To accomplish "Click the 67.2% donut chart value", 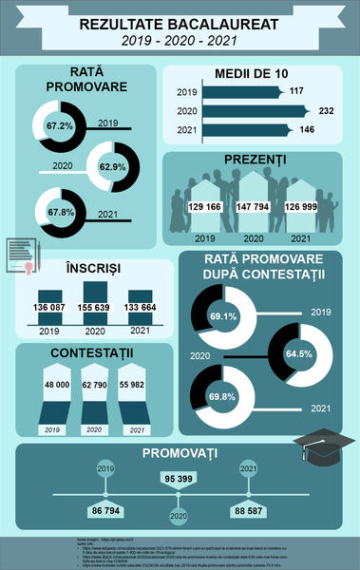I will pyautogui.click(x=60, y=125).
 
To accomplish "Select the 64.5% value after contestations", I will pyautogui.click(x=298, y=353).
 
